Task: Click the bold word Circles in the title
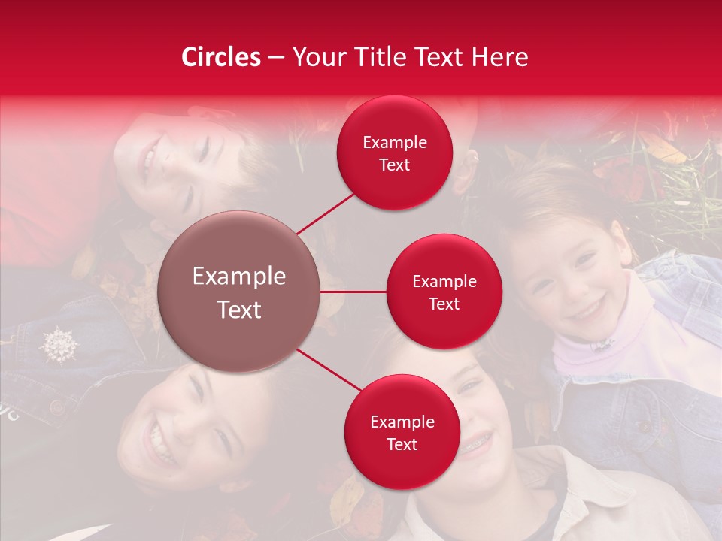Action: click(221, 56)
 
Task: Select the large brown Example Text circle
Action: click(239, 292)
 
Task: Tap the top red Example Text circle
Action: click(395, 153)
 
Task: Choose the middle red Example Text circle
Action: click(444, 292)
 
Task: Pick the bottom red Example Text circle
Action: click(402, 432)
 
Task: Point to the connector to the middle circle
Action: click(353, 292)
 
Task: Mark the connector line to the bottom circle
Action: click(329, 370)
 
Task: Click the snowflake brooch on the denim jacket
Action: click(59, 344)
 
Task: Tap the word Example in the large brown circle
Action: click(239, 277)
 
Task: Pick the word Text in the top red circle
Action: click(395, 165)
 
